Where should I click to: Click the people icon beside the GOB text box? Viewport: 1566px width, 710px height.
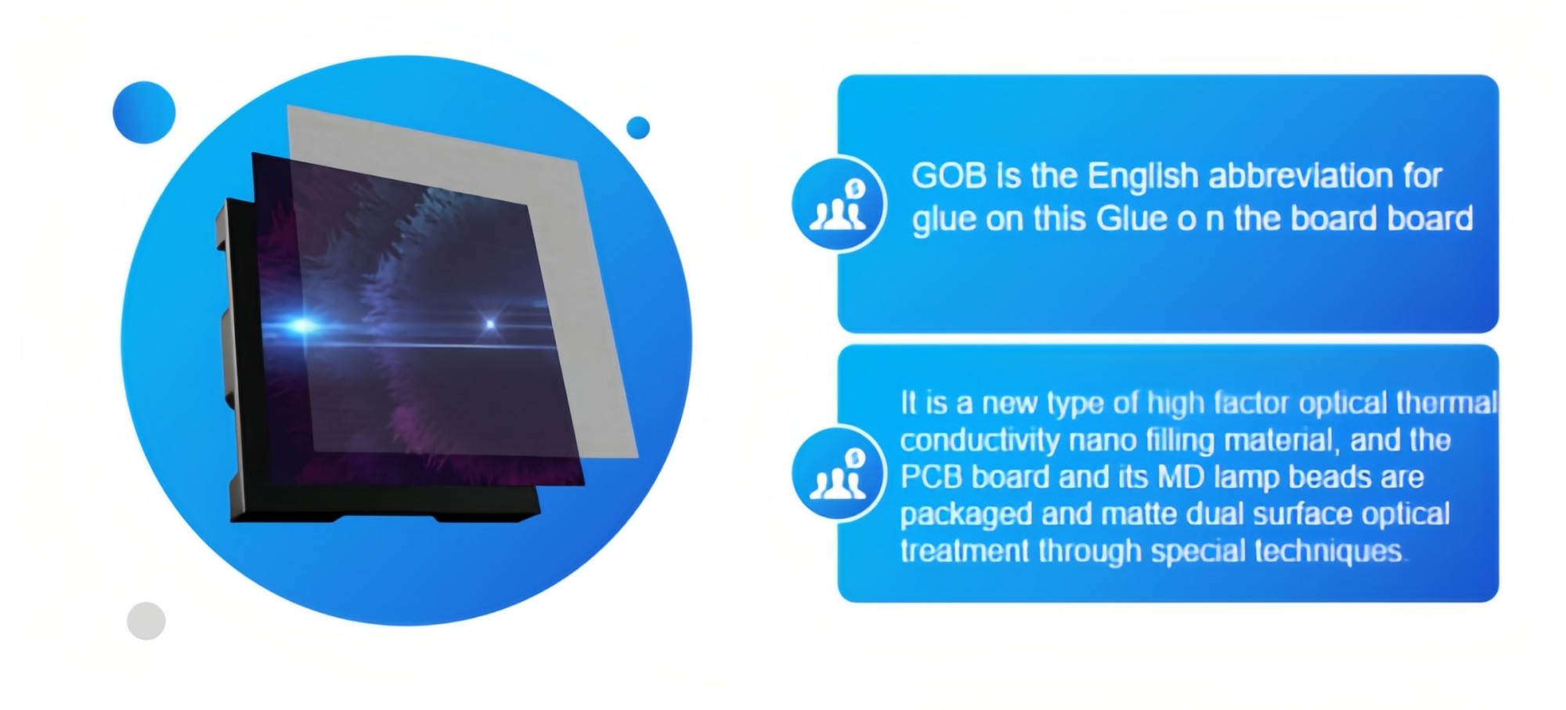click(x=839, y=204)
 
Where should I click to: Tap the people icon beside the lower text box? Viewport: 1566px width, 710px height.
click(x=839, y=473)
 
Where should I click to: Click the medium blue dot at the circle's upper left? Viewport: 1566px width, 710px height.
click(x=144, y=112)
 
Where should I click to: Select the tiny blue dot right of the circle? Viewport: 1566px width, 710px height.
click(x=638, y=127)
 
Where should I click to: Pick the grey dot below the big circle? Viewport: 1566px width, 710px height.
click(x=146, y=621)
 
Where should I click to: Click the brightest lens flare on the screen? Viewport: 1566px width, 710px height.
click(x=301, y=324)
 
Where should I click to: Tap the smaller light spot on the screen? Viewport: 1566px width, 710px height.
click(x=491, y=324)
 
